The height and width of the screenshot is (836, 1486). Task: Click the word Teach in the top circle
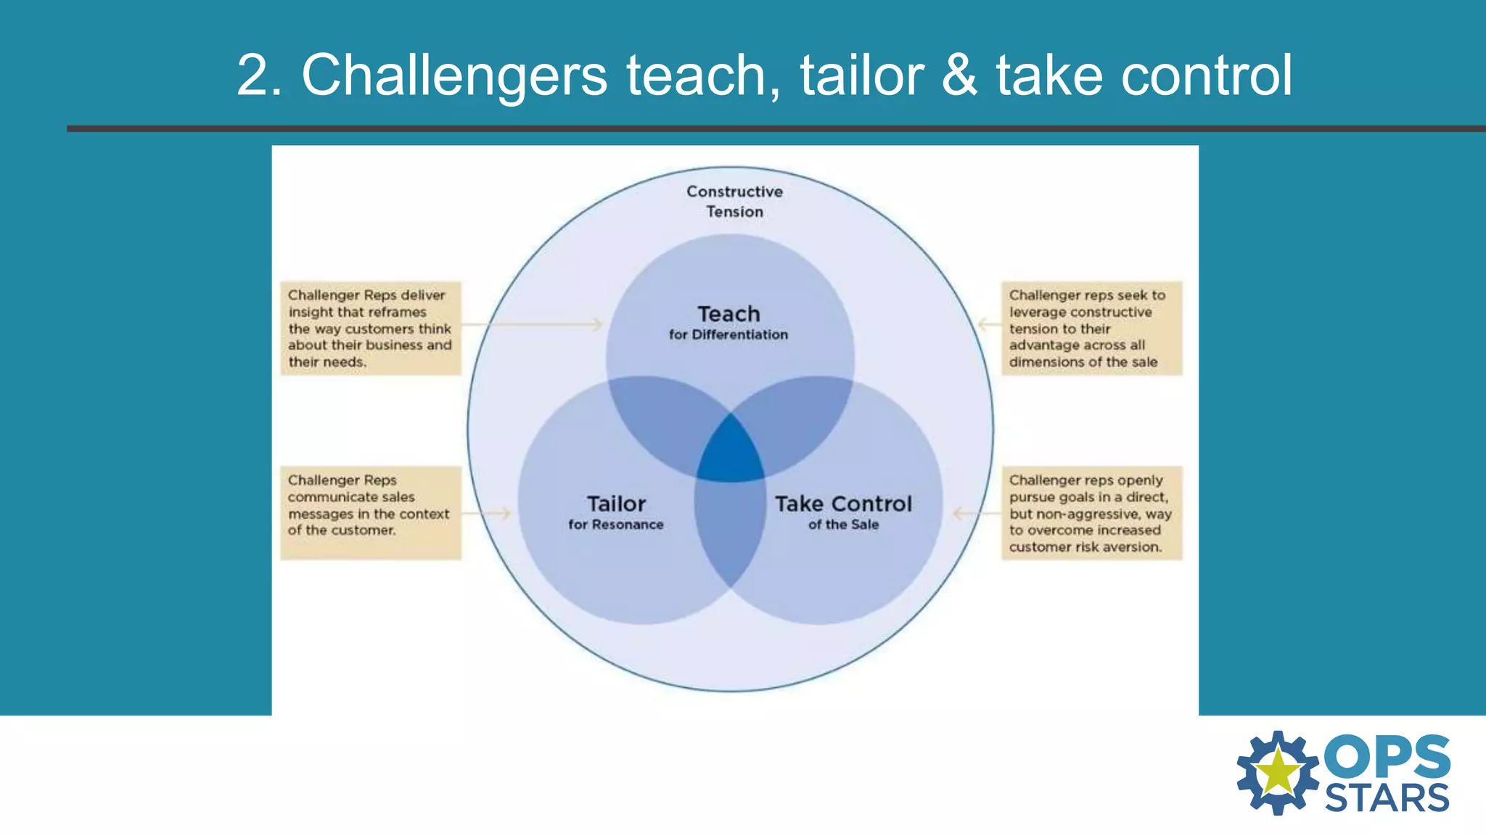[x=728, y=314]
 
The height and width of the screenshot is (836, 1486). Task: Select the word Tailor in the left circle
[x=616, y=504]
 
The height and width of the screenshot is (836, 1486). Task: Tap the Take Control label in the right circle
[x=843, y=504]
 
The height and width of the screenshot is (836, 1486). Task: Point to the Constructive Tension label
[x=734, y=202]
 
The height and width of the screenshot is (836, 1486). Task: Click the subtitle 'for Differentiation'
[x=728, y=335]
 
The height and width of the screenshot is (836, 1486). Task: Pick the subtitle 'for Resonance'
[x=616, y=525]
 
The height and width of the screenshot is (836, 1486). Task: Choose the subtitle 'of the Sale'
[x=843, y=525]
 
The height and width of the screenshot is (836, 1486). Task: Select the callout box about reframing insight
[x=371, y=328]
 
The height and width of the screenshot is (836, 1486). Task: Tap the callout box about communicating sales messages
[x=371, y=512]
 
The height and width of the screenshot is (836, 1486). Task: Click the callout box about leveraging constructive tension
[x=1091, y=328]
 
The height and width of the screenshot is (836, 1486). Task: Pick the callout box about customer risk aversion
[x=1091, y=512]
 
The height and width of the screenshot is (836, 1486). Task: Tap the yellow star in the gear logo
[x=1278, y=772]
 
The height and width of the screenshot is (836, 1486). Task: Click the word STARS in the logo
[x=1387, y=798]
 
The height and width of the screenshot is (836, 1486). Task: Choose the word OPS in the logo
[x=1387, y=756]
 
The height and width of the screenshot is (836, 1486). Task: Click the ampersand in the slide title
[x=959, y=75]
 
